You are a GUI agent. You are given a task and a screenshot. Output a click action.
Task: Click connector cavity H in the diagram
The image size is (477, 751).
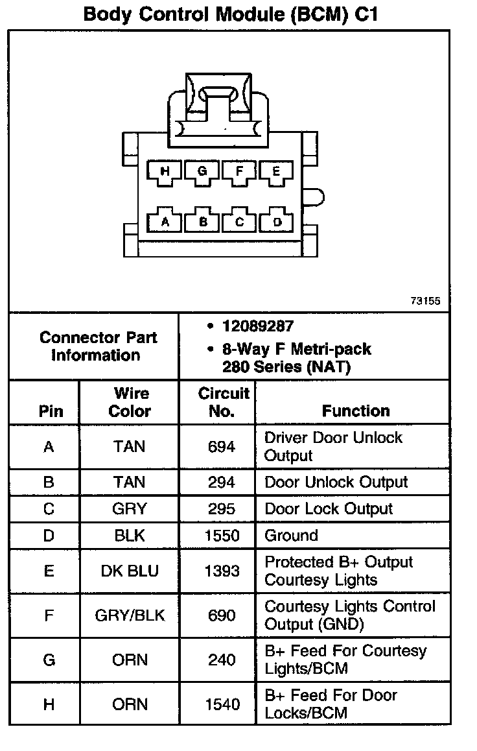point(165,172)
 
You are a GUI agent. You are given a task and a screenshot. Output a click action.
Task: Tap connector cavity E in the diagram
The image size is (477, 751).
point(277,172)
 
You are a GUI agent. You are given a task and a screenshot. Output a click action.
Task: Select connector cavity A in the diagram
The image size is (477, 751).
point(165,222)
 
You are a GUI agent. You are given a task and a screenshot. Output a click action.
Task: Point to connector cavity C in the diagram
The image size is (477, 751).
point(240,222)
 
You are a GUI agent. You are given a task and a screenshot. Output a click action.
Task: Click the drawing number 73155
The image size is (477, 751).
point(425,301)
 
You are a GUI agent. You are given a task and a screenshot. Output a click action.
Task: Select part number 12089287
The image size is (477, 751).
point(257,327)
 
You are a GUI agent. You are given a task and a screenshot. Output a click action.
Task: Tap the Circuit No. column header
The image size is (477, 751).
point(222,402)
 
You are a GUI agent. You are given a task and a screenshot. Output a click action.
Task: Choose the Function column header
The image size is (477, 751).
point(356,411)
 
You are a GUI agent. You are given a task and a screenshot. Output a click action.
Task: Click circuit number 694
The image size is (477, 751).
point(222,447)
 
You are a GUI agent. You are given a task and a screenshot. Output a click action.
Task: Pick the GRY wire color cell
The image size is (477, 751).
point(130,509)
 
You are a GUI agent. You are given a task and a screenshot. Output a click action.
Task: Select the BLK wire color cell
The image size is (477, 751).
point(130,536)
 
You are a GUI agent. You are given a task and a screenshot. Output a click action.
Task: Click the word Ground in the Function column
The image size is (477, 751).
point(291,536)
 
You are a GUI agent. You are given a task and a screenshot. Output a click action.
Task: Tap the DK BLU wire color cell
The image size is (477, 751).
point(130,571)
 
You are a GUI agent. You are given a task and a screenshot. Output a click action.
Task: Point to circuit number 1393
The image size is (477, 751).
point(222,571)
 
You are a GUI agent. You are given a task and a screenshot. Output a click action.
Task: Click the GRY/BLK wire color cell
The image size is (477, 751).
point(130,615)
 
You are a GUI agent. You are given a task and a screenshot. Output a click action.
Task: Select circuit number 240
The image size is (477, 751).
point(222,660)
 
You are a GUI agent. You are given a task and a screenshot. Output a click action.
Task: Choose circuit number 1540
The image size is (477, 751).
point(222,704)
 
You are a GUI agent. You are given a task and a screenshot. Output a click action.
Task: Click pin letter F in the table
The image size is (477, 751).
point(49,615)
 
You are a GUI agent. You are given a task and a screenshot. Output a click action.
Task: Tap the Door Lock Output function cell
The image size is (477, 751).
point(329,509)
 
